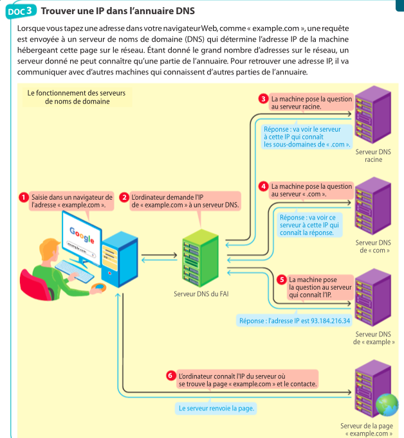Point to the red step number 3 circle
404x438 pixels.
[263, 99]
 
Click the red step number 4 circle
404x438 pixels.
[263, 186]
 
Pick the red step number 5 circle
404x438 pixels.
[281, 279]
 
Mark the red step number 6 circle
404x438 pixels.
[170, 374]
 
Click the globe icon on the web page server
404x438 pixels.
[387, 404]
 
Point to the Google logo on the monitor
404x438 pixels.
[81, 234]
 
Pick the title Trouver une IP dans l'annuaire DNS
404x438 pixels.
[122, 10]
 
